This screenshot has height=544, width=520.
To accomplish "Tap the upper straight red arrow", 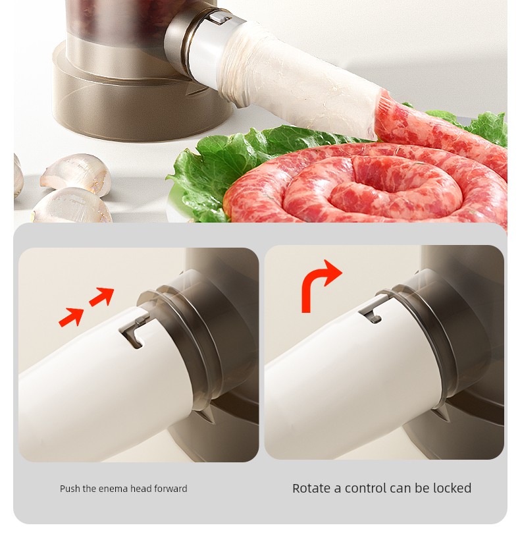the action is (102, 296).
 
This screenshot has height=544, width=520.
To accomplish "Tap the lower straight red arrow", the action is (71, 317).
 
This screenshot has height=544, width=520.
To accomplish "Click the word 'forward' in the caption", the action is (170, 489).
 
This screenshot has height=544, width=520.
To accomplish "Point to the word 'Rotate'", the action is (311, 488).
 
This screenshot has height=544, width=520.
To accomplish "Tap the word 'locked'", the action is (452, 488).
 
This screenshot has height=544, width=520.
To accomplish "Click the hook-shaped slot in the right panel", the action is (372, 312).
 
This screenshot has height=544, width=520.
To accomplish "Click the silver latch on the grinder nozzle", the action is (221, 17).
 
